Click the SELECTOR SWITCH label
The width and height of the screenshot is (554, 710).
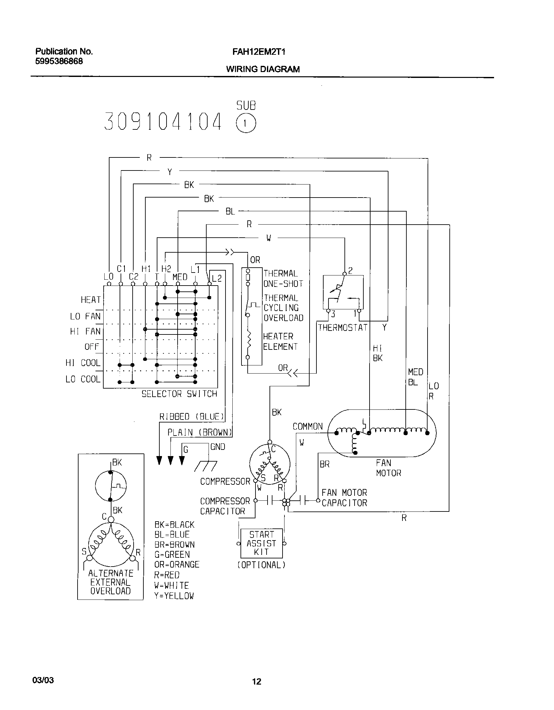pos(179,394)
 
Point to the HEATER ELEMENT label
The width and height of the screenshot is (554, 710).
pos(280,341)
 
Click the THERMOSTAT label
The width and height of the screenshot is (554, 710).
pos(343,328)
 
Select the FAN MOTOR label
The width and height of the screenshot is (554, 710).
pos(388,468)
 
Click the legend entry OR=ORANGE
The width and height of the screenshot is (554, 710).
pos(177,564)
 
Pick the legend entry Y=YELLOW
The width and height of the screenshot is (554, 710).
pos(174,596)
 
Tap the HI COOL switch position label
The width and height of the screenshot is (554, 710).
pos(83,363)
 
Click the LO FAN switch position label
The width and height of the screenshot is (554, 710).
pos(85,316)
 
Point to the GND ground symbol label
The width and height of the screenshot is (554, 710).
pos(218,447)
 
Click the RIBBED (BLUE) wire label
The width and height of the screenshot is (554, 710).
pos(192,417)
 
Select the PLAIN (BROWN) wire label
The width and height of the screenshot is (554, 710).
pos(199,432)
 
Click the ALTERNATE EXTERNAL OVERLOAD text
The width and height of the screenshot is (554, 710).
pos(110,582)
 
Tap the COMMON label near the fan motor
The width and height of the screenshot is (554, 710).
pos(307,426)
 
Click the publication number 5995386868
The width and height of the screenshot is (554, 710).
pos(59,61)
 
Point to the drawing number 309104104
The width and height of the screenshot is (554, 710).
pos(163,121)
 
